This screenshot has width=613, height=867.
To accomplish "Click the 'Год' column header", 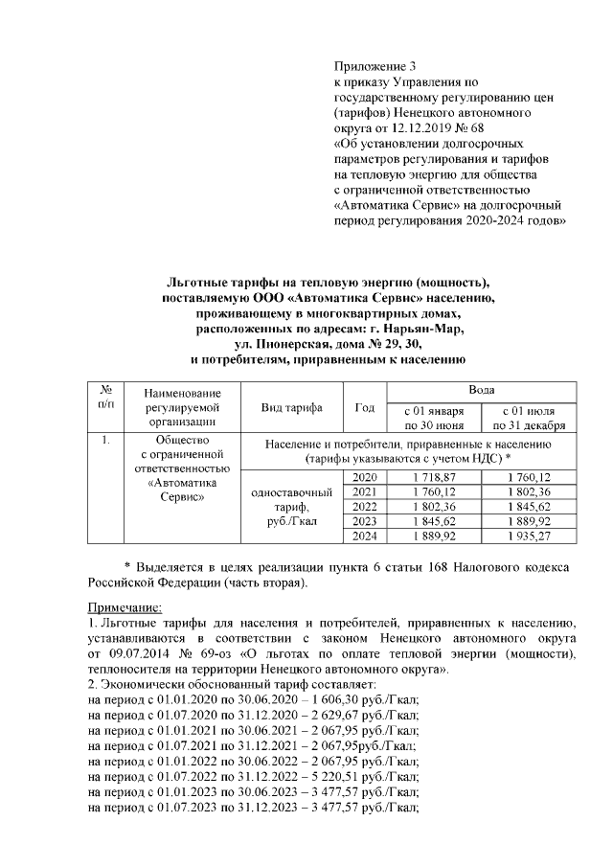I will click(364, 408).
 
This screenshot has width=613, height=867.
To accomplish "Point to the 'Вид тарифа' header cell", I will click(291, 408).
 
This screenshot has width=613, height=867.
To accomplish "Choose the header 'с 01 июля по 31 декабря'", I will click(529, 418).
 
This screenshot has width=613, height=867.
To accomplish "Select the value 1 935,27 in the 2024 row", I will click(529, 536).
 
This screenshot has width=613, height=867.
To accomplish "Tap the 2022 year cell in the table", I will click(365, 506).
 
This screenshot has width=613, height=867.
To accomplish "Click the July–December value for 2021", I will click(529, 491).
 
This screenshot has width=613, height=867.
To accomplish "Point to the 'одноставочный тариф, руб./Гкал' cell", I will click(291, 507).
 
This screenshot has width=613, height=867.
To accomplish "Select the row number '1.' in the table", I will click(107, 442).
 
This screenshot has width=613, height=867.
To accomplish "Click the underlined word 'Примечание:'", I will click(125, 607).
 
